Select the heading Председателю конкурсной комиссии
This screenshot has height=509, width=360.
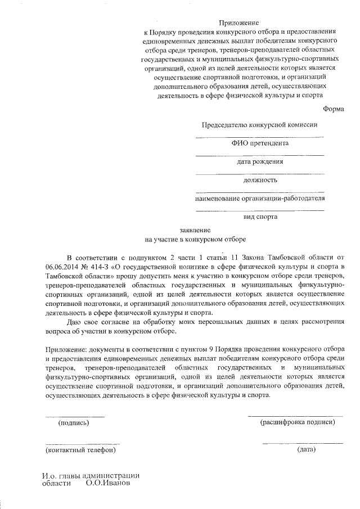click(x=259, y=125)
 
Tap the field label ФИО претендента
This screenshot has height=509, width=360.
click(x=259, y=143)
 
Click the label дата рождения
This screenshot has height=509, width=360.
click(x=259, y=162)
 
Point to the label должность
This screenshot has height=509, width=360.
click(x=259, y=180)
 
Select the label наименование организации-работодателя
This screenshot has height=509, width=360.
click(x=259, y=199)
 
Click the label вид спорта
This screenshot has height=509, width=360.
click(x=259, y=217)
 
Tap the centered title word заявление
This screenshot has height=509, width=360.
click(x=195, y=230)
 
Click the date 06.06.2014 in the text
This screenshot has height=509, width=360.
click(x=64, y=266)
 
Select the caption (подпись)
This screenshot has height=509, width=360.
click(x=74, y=422)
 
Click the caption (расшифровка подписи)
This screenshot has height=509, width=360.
click(x=297, y=421)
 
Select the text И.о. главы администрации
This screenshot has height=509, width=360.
click(x=90, y=475)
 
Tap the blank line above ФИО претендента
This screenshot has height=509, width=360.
click(x=259, y=137)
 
